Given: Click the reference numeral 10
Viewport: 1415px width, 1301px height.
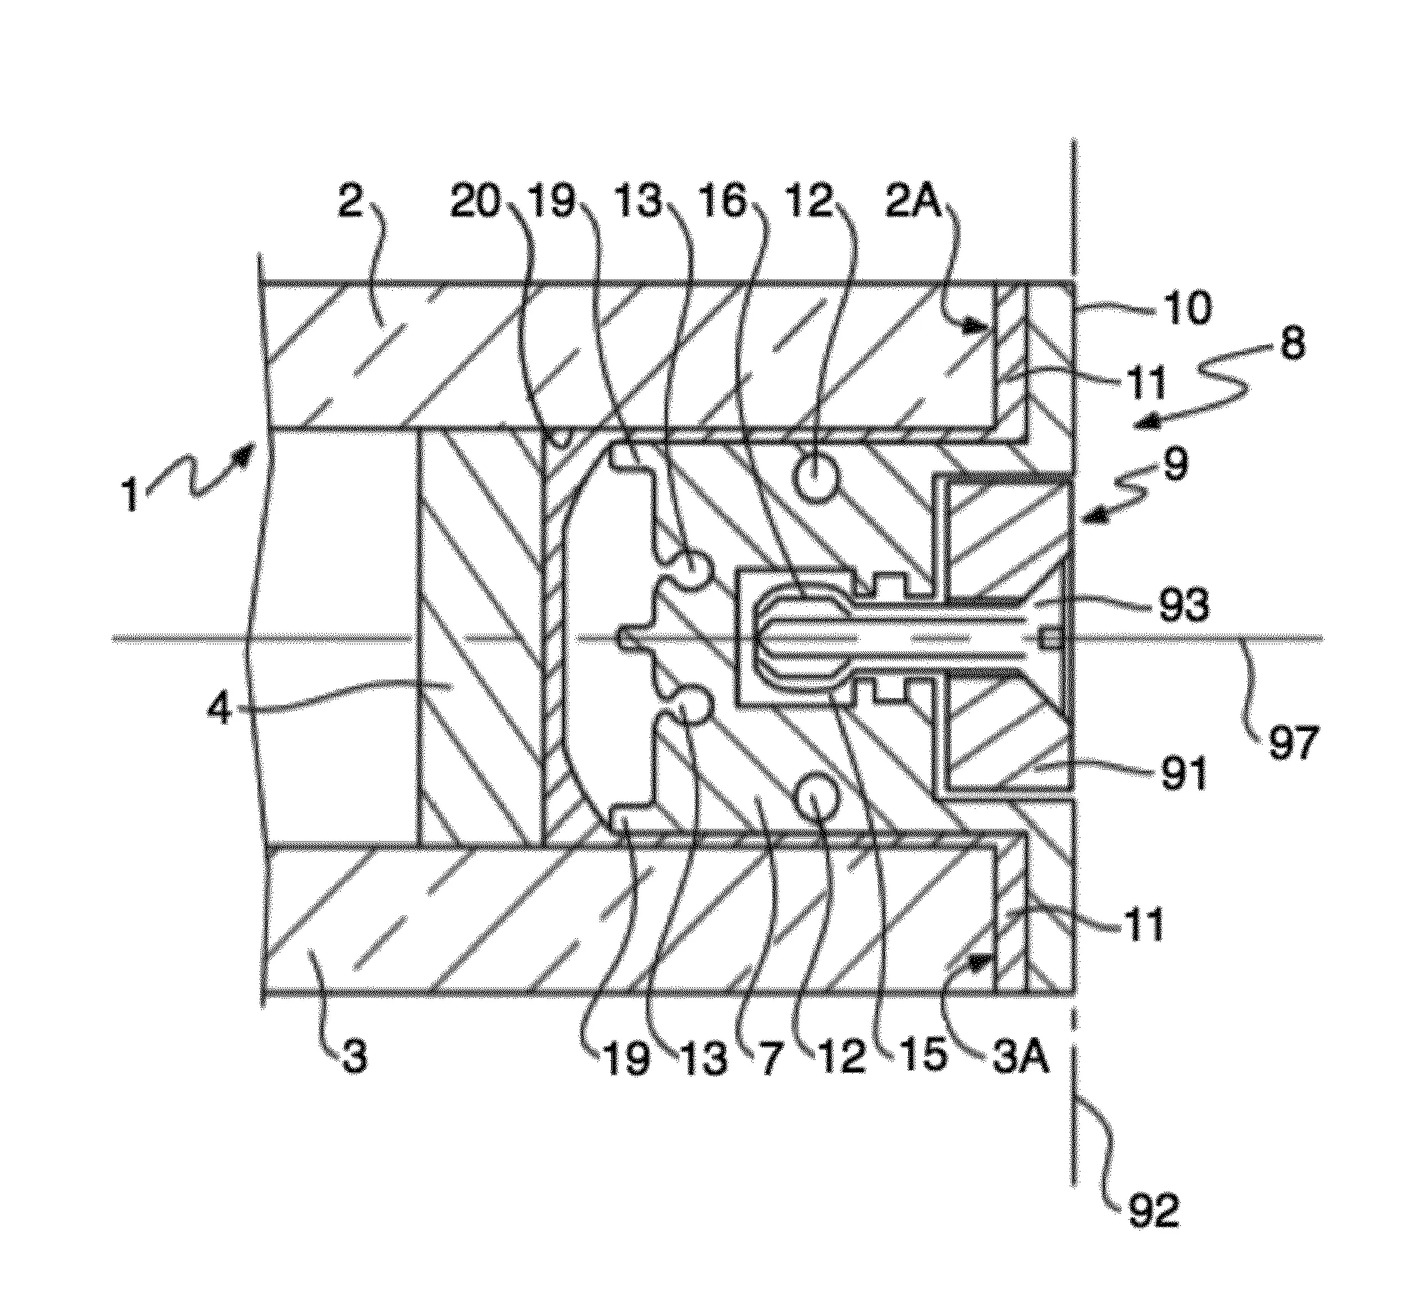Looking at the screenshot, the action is click(x=1186, y=308).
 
